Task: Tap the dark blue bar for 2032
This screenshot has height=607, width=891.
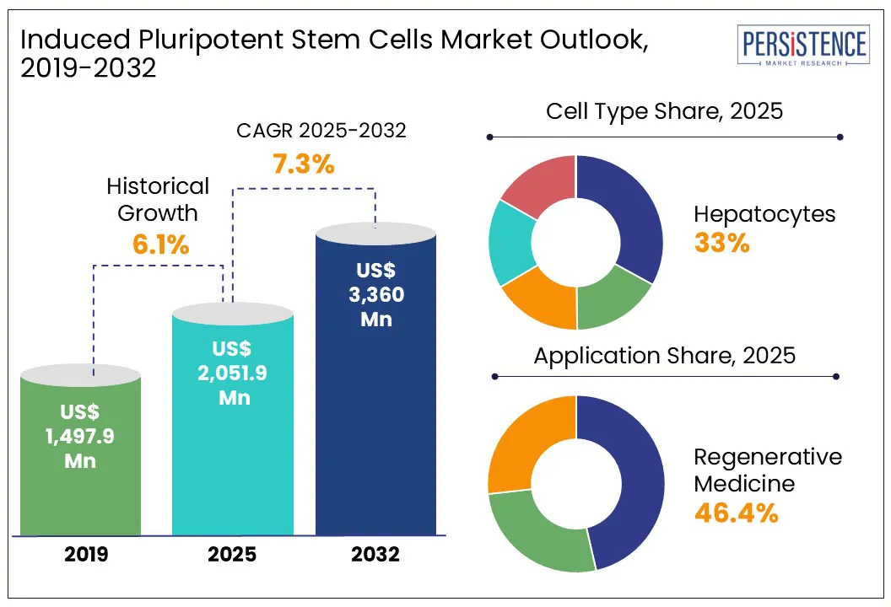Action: click(375, 438)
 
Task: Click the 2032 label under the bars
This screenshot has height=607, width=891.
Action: click(376, 556)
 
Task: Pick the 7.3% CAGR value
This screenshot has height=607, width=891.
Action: click(303, 164)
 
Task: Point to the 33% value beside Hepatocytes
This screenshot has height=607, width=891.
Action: click(721, 243)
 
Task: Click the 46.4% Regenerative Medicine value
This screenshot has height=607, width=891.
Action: click(735, 513)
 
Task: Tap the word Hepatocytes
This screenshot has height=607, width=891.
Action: click(764, 214)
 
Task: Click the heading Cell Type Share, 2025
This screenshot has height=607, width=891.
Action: click(665, 111)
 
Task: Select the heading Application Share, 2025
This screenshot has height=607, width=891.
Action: click(665, 355)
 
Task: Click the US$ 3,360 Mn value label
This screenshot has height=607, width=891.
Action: click(375, 295)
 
